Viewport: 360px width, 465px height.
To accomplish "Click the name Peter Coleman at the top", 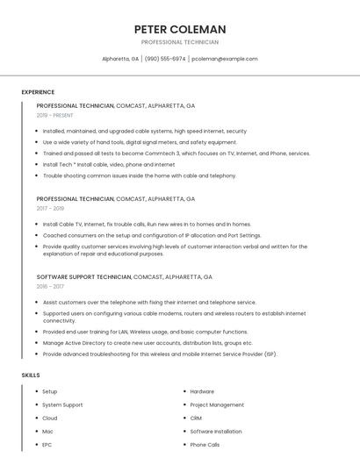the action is tap(180, 29).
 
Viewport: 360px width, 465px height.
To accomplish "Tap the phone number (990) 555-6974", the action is tap(165, 59).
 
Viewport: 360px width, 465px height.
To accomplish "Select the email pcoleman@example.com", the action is tap(225, 59).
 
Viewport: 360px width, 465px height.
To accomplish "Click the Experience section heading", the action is tap(38, 92).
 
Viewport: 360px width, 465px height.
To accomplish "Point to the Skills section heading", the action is tap(31, 376).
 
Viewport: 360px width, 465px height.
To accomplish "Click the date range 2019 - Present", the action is tap(55, 115).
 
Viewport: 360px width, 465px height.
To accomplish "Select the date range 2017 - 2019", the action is tap(51, 209).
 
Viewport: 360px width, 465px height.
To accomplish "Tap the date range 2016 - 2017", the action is tap(51, 286).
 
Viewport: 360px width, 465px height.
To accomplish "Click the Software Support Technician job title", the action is tap(83, 277).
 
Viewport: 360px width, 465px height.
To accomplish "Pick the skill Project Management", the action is tap(217, 405).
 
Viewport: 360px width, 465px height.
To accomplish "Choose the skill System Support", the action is tap(62, 405).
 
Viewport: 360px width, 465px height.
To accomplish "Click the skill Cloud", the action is tap(50, 418).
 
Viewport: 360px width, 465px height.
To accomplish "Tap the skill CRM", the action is tap(196, 418).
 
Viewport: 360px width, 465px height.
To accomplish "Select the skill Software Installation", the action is tap(215, 432).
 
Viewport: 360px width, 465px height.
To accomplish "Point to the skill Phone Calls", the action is tap(205, 445).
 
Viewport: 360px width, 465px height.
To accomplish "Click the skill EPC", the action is tap(47, 445).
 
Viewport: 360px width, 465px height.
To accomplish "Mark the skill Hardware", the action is tap(202, 391).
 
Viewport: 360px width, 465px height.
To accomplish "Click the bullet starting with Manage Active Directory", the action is tap(148, 343).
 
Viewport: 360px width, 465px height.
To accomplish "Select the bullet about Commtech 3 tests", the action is tap(176, 153).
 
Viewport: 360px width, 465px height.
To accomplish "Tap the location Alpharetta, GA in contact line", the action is tap(120, 59).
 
